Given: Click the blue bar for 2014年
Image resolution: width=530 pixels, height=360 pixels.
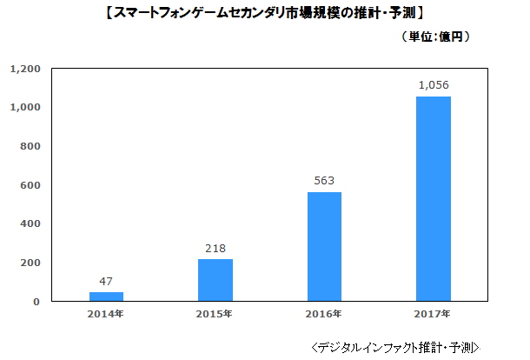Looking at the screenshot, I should tap(107, 297).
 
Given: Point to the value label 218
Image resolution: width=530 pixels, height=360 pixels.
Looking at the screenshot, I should tap(215, 249).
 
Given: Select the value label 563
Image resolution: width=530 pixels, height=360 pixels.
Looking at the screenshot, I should tap(324, 182).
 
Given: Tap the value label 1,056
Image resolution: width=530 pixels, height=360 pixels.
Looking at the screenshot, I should tap(433, 85).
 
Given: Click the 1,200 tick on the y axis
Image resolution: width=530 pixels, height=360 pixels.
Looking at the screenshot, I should tap(26, 69).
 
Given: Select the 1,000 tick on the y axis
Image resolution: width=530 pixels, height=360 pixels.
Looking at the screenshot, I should tap(26, 108).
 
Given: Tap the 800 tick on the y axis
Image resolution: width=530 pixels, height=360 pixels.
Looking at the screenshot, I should tap(31, 146).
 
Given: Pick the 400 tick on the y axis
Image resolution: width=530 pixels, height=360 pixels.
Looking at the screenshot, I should tap(31, 223).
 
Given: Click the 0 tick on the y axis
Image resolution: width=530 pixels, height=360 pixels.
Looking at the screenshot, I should tap(37, 302).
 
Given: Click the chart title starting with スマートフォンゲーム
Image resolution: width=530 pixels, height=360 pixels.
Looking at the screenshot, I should tap(265, 12).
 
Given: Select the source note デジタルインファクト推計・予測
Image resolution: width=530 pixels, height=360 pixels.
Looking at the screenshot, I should tap(395, 346).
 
